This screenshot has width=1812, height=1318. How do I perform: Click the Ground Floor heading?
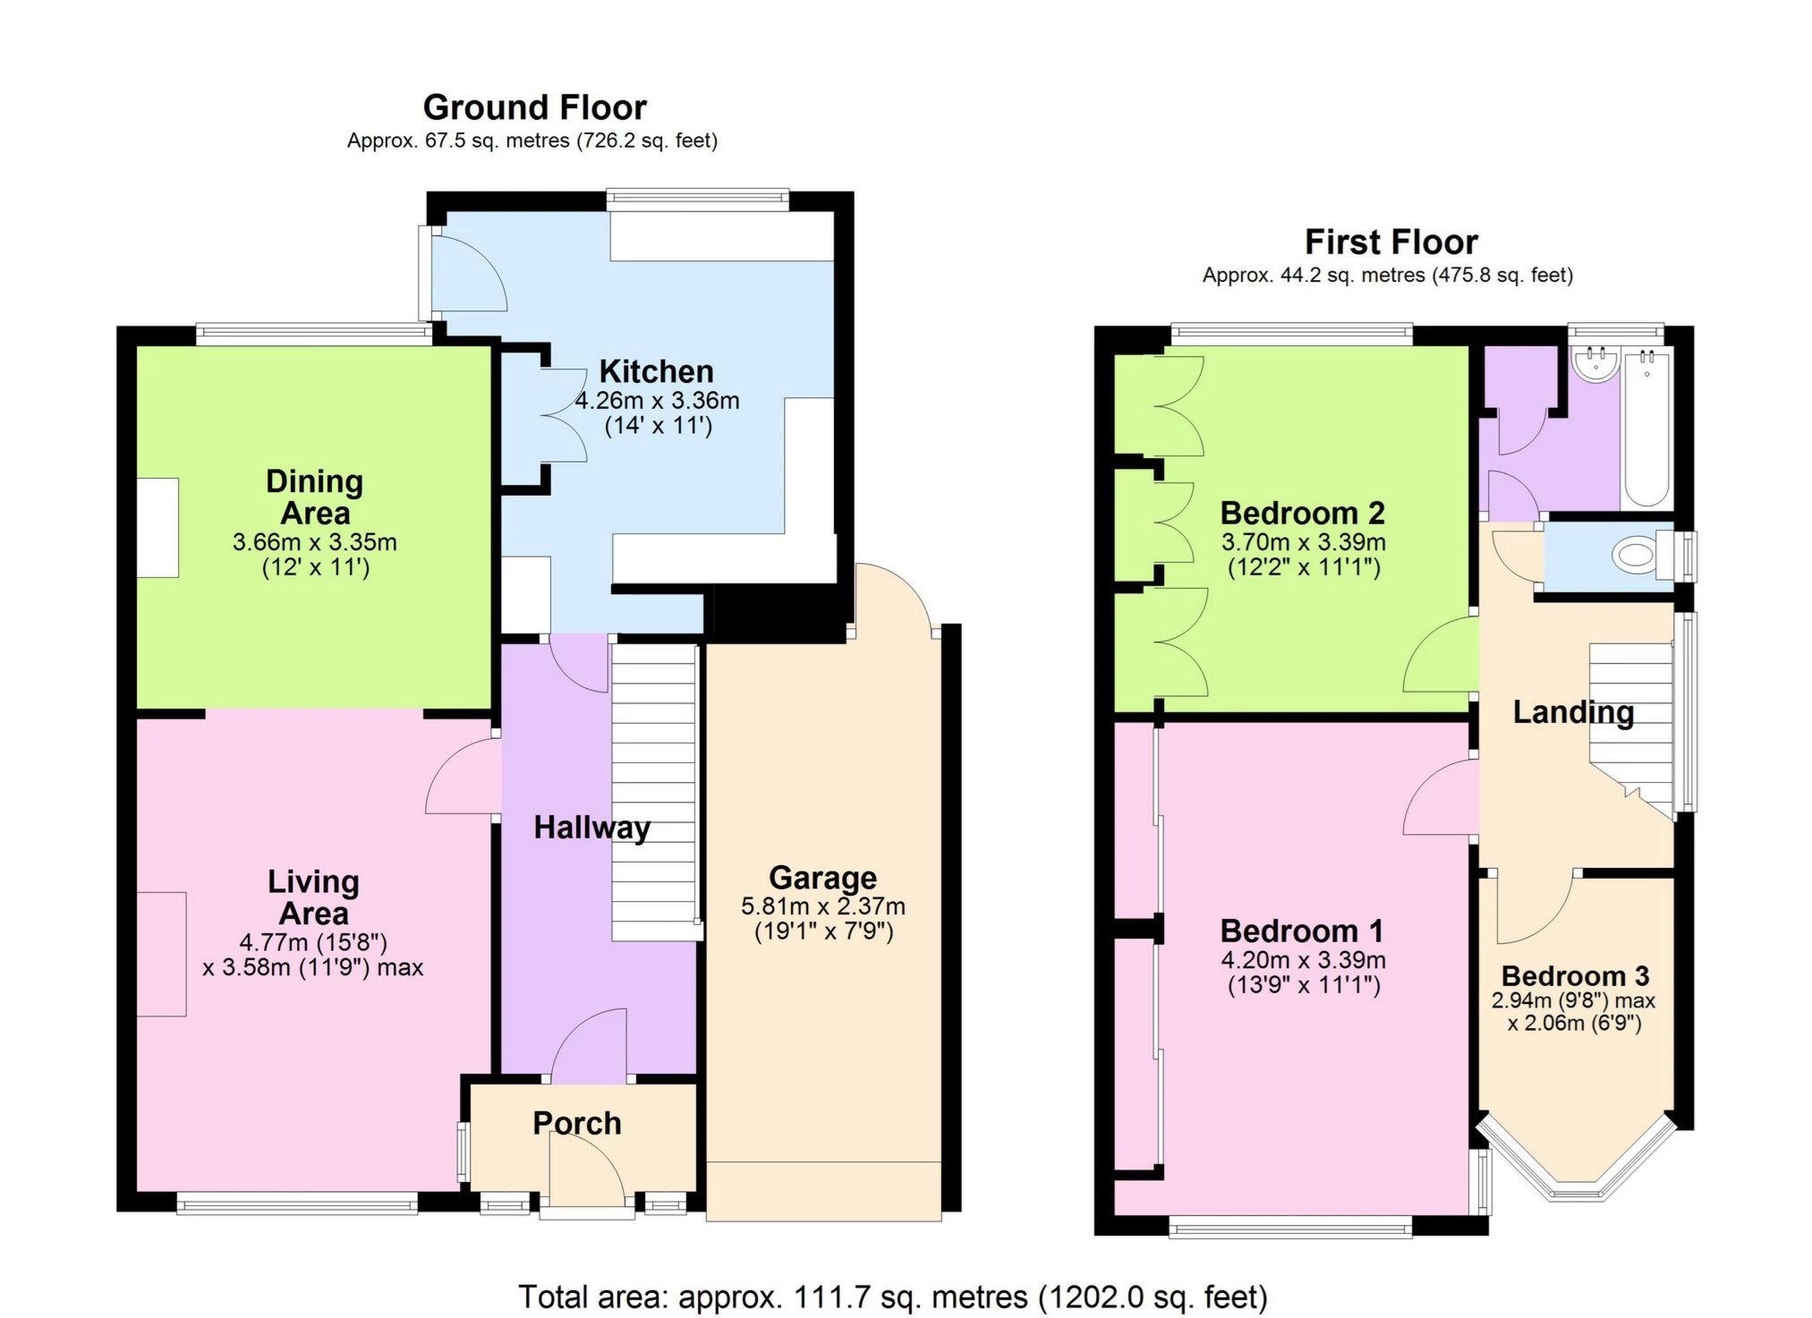pyautogui.click(x=534, y=107)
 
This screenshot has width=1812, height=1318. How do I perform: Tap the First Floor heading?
pyautogui.click(x=1391, y=242)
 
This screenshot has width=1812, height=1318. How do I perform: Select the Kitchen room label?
pyautogui.click(x=656, y=371)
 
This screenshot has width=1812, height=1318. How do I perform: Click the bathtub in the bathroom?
pyautogui.click(x=1646, y=427)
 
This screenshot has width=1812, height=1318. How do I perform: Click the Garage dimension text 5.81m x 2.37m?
pyautogui.click(x=822, y=906)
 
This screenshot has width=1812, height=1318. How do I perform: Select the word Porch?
pyautogui.click(x=577, y=1123)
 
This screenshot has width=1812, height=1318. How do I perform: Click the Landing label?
pyautogui.click(x=1573, y=712)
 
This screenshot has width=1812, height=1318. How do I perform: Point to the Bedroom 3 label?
pyautogui.click(x=1575, y=975)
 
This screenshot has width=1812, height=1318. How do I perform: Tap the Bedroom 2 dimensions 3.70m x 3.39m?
pyautogui.click(x=1303, y=542)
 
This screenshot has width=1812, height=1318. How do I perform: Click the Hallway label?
pyautogui.click(x=591, y=828)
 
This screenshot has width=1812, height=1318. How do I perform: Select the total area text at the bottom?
pyautogui.click(x=892, y=1297)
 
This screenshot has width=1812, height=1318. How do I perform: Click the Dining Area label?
pyautogui.click(x=314, y=497)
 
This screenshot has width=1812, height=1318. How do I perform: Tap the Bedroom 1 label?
pyautogui.click(x=1302, y=931)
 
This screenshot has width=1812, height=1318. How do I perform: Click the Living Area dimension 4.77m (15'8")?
pyautogui.click(x=313, y=942)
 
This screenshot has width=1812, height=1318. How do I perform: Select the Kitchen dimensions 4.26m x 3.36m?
pyautogui.click(x=657, y=401)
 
